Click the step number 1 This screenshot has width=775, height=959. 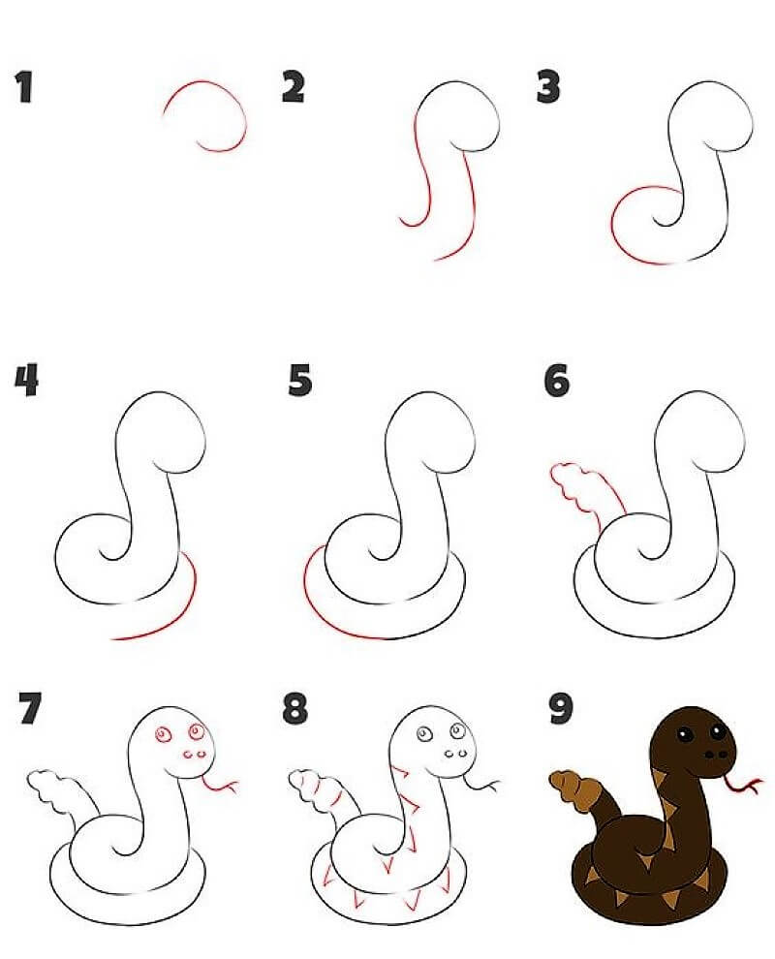coord(24,87)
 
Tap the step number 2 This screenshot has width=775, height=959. coord(293,87)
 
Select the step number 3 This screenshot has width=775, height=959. coord(548,87)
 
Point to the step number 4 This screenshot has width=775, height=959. coord(26,380)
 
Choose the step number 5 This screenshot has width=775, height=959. coord(299,380)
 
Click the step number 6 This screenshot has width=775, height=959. coord(557,380)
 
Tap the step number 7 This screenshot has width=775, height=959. coord(30,709)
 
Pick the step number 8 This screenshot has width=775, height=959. coord(294,709)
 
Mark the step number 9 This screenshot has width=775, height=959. coord(561,709)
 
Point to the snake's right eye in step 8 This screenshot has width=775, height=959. coord(458,730)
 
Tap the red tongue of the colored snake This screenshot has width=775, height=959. coord(744,785)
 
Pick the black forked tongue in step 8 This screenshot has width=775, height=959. coord(482,783)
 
